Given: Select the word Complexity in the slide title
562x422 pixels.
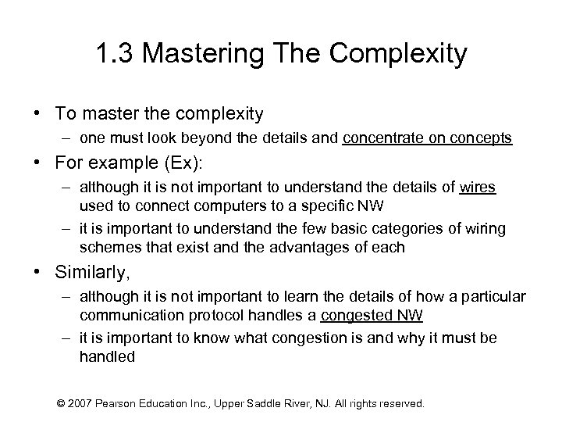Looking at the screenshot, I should (x=400, y=55).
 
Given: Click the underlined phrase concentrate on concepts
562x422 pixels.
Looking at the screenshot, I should (x=427, y=138).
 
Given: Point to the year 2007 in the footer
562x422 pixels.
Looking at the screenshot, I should (x=83, y=404).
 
